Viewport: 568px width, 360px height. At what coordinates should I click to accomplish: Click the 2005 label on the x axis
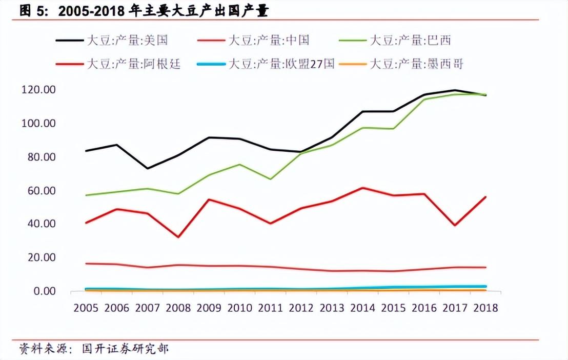[86, 308]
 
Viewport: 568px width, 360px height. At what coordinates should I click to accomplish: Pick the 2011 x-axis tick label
[270, 308]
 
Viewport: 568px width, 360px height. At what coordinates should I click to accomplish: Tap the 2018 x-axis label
[485, 308]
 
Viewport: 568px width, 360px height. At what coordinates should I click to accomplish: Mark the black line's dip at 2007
[147, 168]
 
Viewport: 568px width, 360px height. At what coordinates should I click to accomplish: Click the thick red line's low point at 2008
[178, 237]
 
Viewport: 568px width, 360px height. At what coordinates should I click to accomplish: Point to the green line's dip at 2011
[270, 179]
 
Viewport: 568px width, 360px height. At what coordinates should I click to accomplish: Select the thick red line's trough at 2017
[455, 225]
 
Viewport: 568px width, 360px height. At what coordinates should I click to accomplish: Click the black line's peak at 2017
[455, 90]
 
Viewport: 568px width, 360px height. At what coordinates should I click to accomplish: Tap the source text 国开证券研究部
[126, 349]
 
